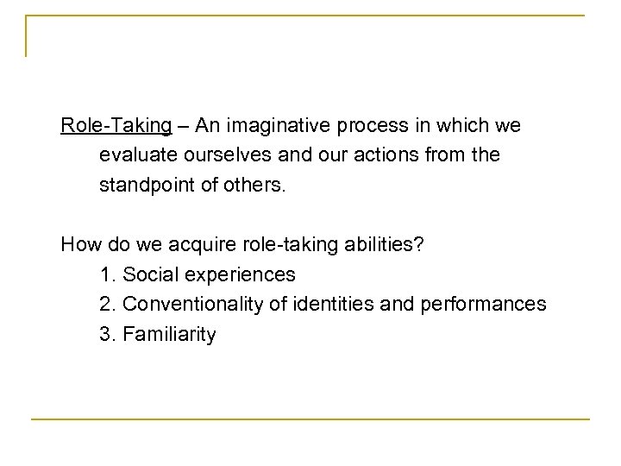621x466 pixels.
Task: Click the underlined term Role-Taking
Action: point(116,126)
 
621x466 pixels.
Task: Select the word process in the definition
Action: point(373,126)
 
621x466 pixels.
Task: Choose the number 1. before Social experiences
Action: point(108,275)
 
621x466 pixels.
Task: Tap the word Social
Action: point(147,275)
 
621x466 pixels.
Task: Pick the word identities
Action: point(331,305)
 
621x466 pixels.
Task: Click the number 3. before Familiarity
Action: point(108,334)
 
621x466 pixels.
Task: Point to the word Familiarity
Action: point(170,334)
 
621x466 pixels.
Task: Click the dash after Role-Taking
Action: point(184,126)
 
